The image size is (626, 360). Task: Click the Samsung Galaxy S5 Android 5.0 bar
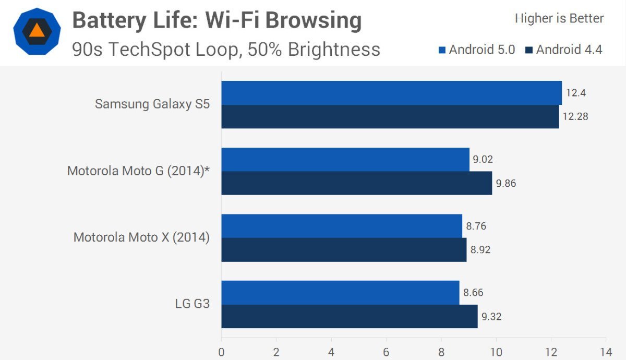coord(391,93)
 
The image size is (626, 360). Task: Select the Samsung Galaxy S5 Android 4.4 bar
coord(390,116)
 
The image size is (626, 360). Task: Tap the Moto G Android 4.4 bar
coord(356,183)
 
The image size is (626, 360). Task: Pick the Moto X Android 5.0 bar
coord(342,226)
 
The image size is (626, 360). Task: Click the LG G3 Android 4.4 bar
coord(350,316)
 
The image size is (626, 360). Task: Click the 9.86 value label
coord(505,183)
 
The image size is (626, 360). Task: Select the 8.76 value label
coord(476,226)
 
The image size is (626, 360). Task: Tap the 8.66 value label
coord(473,293)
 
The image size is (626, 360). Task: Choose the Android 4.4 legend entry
coord(564,50)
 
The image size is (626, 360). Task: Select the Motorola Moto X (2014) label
coord(141,237)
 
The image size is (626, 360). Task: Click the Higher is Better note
coord(559,18)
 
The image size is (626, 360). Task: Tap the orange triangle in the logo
coord(37,30)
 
